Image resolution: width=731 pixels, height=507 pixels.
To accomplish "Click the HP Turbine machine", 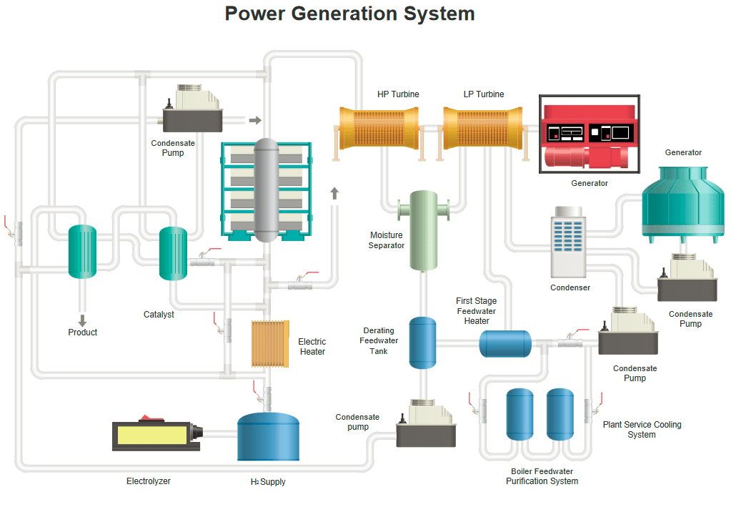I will (378, 128).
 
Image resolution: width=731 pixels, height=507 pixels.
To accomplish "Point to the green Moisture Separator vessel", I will (423, 230).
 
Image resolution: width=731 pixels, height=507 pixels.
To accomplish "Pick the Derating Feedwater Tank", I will (422, 343).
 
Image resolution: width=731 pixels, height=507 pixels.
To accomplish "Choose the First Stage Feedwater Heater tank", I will (504, 343).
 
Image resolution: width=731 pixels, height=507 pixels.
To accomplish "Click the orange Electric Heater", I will (270, 344).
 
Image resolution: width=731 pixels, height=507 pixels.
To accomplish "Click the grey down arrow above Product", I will (82, 320).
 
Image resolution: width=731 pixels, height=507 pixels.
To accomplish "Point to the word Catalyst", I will (159, 314).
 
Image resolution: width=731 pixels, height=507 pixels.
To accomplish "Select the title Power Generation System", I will (349, 14).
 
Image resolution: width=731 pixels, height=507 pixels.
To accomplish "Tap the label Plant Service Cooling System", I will (642, 429).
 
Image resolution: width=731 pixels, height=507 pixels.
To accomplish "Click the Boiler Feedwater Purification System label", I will (542, 476).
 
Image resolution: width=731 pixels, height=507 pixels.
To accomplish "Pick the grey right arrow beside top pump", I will (255, 120).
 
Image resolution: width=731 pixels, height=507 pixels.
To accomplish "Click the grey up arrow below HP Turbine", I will (334, 192).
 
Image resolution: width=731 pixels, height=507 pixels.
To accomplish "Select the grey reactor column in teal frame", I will (267, 189).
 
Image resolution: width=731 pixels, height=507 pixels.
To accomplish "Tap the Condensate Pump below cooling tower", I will (687, 279).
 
